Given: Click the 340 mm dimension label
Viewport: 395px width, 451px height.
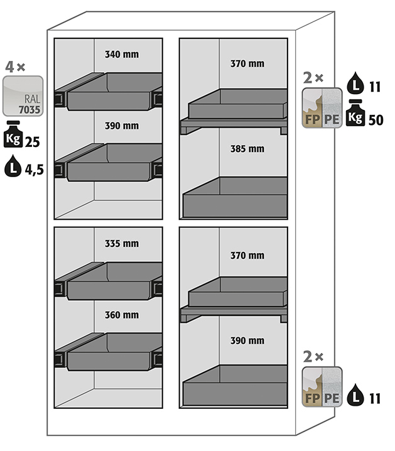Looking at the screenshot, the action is point(122,55).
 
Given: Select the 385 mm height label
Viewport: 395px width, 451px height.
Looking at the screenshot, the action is point(247,149).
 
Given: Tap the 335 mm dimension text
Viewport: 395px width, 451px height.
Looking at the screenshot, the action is point(122,244).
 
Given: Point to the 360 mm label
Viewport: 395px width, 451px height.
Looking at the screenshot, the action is point(122,315).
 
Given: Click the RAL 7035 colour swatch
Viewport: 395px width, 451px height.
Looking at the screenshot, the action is point(23,96).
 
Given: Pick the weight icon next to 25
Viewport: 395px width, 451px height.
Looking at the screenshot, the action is point(13,134).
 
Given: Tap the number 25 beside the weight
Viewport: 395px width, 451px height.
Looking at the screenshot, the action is point(32,142).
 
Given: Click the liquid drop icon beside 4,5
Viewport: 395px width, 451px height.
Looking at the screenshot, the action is point(13,166).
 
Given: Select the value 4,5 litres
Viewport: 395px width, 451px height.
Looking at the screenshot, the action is point(35,170).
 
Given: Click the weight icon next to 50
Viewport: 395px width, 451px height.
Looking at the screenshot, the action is point(355,113).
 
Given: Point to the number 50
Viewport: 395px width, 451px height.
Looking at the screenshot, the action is point(376,120).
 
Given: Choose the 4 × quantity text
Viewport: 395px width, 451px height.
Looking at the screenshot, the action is point(15,67).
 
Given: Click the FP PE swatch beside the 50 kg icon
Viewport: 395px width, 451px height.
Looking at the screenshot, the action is point(322,108).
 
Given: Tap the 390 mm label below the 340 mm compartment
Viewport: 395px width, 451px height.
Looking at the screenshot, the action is point(122,126).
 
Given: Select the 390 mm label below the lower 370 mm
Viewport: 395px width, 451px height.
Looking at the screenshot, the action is point(247,340).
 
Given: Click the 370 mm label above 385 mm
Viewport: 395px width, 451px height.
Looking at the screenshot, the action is point(247,63).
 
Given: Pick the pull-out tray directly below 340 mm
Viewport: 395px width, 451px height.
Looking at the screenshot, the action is point(109,92).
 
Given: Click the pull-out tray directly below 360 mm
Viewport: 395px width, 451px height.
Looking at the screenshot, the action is point(109,352).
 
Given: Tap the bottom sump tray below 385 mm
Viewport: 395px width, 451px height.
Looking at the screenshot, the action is point(235,197).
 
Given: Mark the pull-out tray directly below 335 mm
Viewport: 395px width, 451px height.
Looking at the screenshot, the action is point(109,281).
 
